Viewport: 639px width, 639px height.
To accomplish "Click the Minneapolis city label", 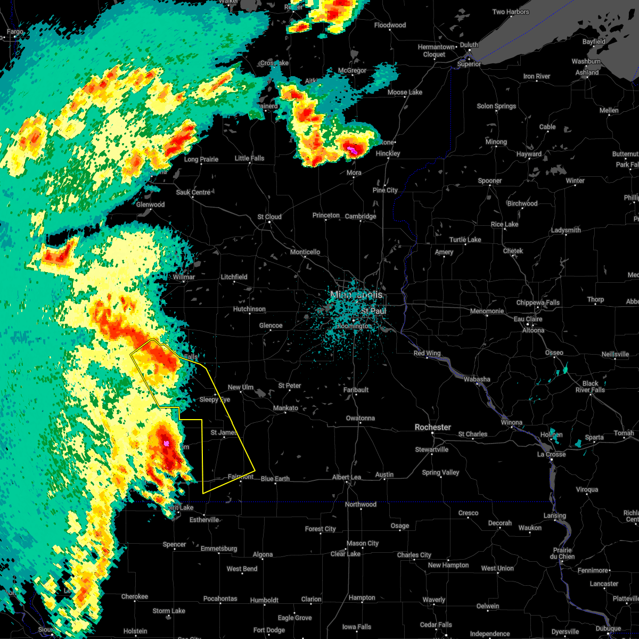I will tap(356, 294).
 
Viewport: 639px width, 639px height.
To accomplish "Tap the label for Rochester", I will tap(433, 427).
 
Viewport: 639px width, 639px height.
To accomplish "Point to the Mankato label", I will tap(285, 408).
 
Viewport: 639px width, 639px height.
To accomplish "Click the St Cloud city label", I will tap(269, 217).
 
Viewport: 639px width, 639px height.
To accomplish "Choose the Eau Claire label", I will tap(528, 319).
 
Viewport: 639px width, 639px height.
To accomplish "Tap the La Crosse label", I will tap(551, 454).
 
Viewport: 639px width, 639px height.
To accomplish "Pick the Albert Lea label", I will tap(347, 477).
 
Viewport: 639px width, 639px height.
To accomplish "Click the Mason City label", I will tap(362, 543).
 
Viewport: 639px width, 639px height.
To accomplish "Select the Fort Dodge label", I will tap(269, 630).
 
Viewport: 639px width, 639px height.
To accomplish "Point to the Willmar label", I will tap(183, 277).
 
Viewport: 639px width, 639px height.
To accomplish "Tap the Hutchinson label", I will tap(249, 309).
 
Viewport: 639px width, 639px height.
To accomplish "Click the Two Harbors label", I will tap(511, 12).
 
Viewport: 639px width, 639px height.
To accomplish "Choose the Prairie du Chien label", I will tap(563, 553).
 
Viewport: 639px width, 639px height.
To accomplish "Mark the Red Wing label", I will tap(427, 353).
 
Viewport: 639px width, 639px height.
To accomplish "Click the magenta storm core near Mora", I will tap(351, 150).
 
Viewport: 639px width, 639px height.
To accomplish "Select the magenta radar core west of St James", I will tap(167, 443).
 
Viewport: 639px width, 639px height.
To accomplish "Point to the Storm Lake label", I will tap(169, 611).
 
